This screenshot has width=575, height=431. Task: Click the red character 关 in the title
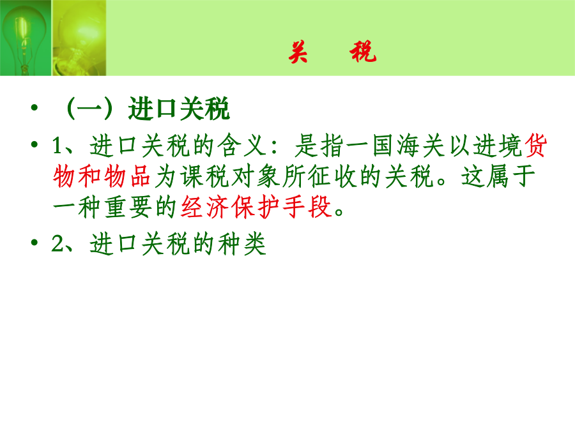pos(298,52)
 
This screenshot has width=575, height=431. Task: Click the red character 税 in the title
pos(363,52)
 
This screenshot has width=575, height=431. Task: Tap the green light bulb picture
pos(26,38)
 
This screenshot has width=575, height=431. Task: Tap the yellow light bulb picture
pos(79,38)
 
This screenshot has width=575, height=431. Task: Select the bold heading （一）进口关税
pos(147,109)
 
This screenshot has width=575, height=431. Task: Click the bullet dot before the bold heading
pos(34,107)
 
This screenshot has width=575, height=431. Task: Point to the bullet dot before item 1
pos(34,144)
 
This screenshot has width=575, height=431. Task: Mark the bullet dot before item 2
pos(34,242)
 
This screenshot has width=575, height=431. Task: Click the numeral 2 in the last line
pos(57,243)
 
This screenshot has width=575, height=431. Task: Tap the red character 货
pos(536,146)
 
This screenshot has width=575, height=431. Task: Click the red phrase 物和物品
pos(102,176)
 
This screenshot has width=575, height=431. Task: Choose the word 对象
pos(256,176)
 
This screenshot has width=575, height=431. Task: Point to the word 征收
pos(332,176)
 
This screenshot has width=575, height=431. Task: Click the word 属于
pos(510,176)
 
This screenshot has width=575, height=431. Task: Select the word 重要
pos(128,207)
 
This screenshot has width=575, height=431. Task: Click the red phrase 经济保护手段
pos(257,207)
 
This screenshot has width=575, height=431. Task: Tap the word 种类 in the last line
pos(242,244)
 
